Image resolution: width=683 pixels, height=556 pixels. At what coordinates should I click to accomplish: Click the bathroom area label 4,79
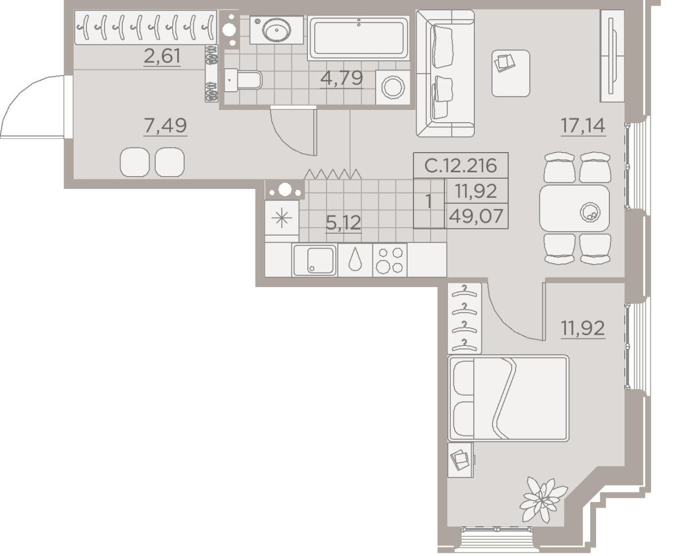pos(341,78)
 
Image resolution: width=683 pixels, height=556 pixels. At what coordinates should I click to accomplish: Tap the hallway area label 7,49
pos(165,125)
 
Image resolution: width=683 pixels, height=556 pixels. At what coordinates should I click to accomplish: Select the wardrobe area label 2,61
pos(162,56)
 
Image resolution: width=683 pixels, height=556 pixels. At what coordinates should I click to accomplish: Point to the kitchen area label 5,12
pos(343,223)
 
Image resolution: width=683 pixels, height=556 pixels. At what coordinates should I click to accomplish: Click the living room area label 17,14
pos(583,125)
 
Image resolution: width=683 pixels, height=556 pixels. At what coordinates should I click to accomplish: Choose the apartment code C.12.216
pos(460,166)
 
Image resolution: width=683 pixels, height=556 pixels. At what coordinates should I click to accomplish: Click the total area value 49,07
pos(476,216)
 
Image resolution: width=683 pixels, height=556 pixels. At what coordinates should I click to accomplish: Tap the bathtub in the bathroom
pos(358,38)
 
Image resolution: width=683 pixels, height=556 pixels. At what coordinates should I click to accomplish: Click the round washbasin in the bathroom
pos(276,30)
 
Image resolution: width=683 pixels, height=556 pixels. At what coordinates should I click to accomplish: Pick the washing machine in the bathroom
pos(393,87)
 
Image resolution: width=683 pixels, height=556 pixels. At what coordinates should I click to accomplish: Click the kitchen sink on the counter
pos(315,260)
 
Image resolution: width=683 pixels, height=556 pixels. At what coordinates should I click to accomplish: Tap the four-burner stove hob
pos(390,260)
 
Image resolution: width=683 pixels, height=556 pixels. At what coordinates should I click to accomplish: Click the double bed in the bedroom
pos(508,398)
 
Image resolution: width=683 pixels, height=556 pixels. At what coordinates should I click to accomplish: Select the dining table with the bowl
pos(575,209)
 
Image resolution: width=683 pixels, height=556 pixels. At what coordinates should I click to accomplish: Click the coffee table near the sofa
pos(511,73)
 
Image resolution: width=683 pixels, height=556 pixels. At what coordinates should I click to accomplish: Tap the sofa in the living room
pos(445,73)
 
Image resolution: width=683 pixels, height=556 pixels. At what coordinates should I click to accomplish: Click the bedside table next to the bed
pos(460,460)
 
